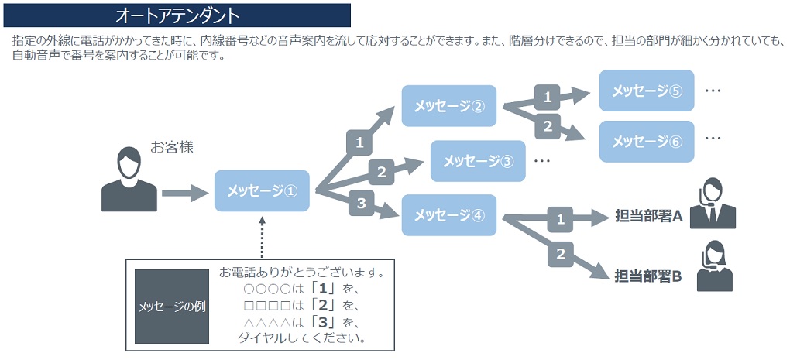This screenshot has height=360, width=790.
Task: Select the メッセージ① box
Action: coord(262,190)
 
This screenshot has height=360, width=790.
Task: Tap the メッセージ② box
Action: coord(448,106)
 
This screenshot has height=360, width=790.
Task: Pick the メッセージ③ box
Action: coord(477,161)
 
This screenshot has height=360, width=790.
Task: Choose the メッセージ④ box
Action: coord(448,215)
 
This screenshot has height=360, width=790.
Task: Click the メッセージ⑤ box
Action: coord(647,91)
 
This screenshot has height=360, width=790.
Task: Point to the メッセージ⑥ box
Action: coord(647,141)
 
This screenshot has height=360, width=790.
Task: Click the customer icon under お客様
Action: coord(129,181)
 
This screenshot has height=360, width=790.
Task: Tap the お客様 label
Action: coord(171,147)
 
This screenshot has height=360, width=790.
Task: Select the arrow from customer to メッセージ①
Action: coord(185,193)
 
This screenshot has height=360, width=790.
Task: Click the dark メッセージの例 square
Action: coord(172,307)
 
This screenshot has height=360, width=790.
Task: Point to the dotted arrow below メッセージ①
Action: coord(262,236)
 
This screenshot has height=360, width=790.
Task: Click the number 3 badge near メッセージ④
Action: coord(360,204)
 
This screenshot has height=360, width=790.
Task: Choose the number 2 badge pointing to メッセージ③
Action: coord(381,171)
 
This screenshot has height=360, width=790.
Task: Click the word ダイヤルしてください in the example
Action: coord(303,338)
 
